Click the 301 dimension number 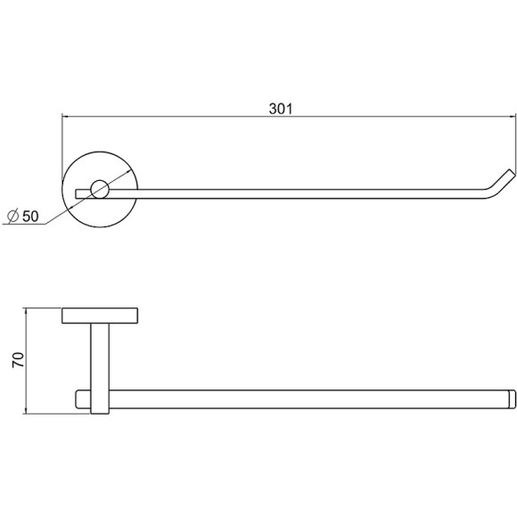click(x=281, y=109)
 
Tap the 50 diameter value click(x=30, y=217)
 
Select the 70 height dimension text click(x=18, y=360)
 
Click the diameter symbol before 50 click(x=12, y=217)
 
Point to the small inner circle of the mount click(x=100, y=189)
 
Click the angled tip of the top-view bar click(x=511, y=171)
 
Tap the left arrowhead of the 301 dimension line click(x=65, y=116)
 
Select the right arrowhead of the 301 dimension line click(x=512, y=116)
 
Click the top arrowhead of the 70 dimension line click(x=26, y=311)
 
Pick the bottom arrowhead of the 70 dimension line click(x=26, y=411)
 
